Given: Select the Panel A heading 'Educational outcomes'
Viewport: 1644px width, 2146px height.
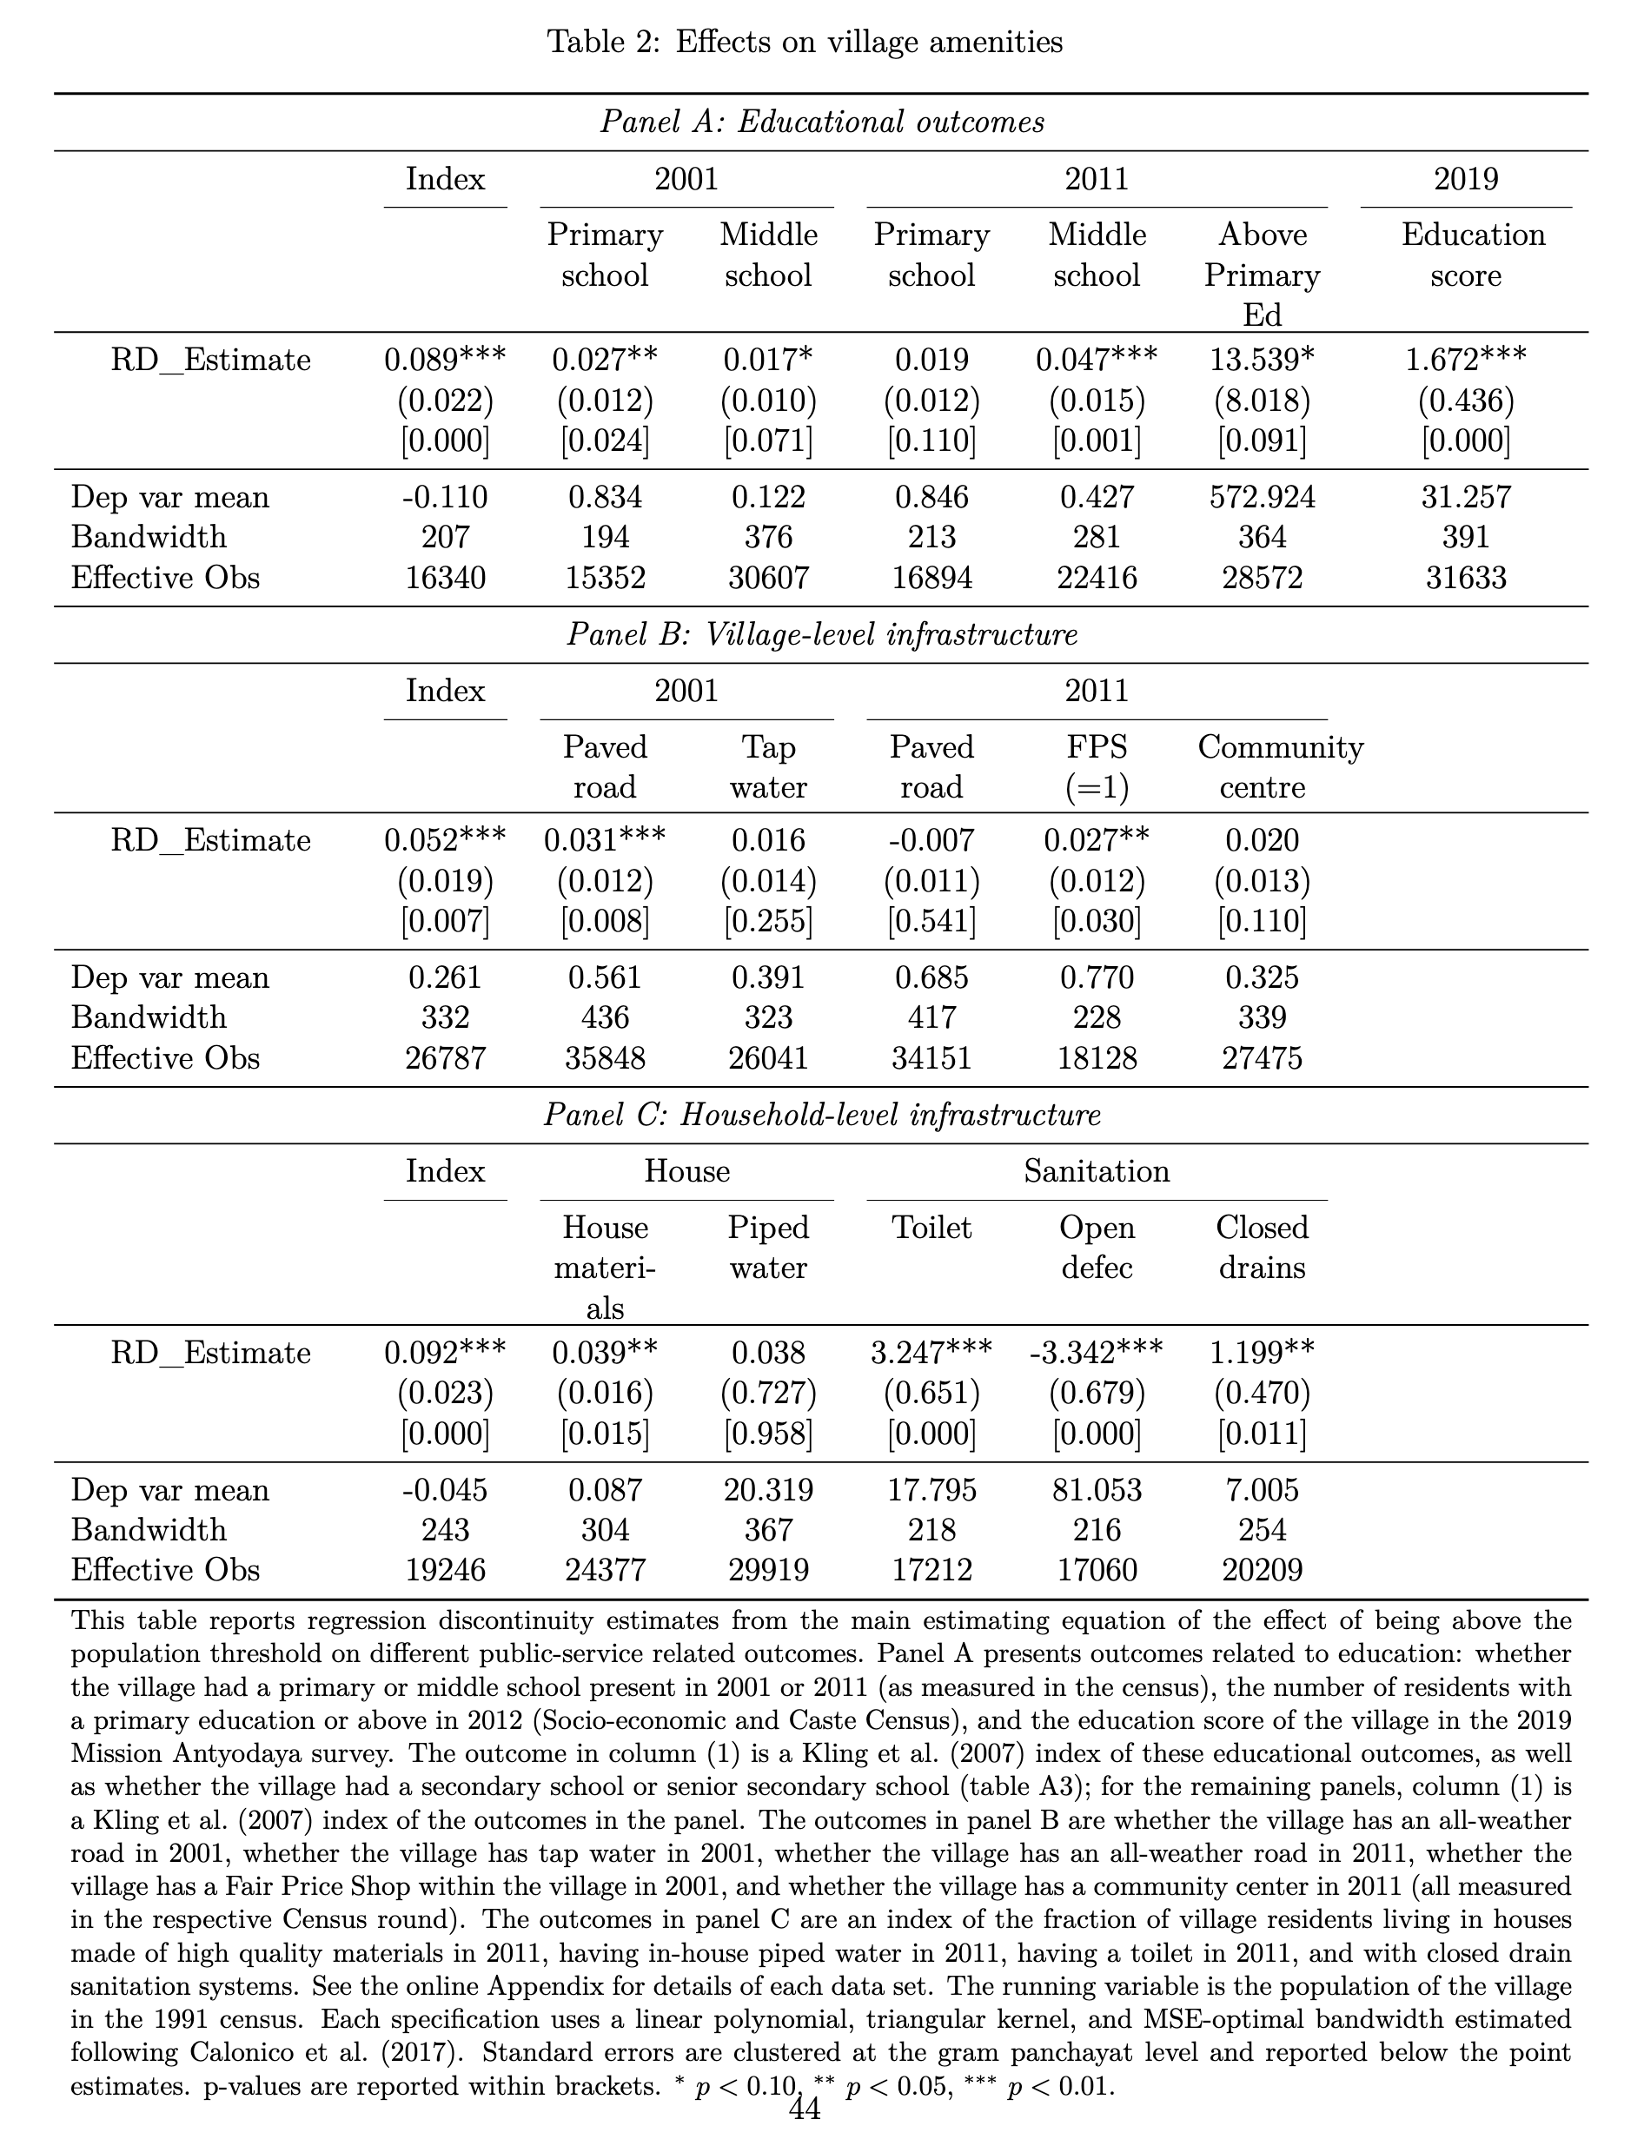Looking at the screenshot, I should [x=822, y=123].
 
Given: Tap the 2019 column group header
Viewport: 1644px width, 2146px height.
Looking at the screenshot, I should [x=1465, y=179].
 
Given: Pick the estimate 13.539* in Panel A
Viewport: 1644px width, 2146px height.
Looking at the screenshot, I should [x=1262, y=360].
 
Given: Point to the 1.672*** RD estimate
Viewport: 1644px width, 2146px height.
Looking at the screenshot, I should [x=1465, y=360].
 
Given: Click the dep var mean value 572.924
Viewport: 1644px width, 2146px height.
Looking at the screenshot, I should [x=1262, y=497].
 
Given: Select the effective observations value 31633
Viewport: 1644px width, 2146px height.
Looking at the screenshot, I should [x=1465, y=578].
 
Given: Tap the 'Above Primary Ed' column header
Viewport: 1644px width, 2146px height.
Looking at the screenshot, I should [x=1262, y=274].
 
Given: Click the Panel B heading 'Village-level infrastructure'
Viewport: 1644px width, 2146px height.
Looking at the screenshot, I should [x=822, y=635].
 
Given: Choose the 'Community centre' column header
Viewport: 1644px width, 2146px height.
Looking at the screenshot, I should [x=1279, y=767].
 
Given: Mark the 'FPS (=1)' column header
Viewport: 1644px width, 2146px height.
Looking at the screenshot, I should [x=1096, y=767].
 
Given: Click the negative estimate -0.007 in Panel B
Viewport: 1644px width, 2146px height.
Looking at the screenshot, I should [x=931, y=841].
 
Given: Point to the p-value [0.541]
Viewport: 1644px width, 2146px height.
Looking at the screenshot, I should [x=931, y=921].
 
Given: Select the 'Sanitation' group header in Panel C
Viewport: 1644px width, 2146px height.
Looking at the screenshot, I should [x=1096, y=1171].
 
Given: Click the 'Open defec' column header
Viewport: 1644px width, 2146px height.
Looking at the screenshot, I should [x=1096, y=1248].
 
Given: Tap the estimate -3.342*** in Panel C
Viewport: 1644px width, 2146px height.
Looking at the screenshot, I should [x=1096, y=1354].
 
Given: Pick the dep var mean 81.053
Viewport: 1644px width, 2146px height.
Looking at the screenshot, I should [x=1096, y=1490].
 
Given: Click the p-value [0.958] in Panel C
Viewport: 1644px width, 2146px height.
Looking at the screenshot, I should [x=768, y=1434].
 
